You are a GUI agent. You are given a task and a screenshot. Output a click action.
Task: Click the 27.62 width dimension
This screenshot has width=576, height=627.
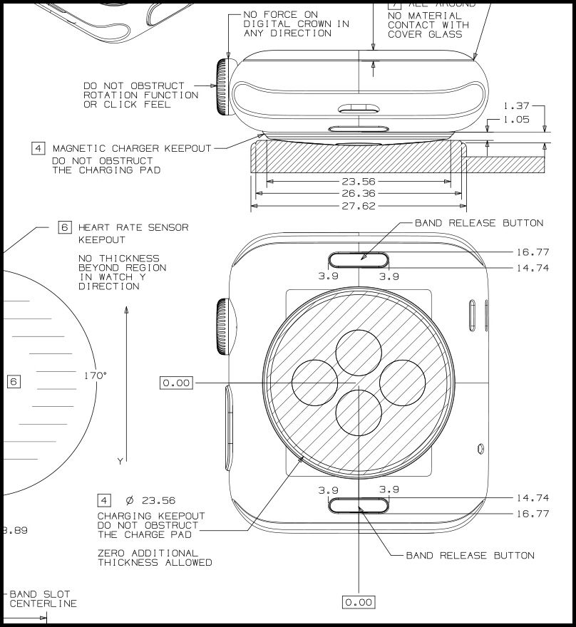click(x=358, y=205)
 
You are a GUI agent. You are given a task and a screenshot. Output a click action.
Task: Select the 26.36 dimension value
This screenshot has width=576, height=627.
click(x=358, y=193)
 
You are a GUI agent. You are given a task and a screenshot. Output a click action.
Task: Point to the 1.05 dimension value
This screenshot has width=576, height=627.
click(x=516, y=120)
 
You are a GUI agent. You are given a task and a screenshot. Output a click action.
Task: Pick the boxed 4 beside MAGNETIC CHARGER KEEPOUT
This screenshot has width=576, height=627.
click(x=38, y=148)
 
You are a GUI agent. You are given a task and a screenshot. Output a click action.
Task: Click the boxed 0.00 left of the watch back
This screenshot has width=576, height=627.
click(x=176, y=383)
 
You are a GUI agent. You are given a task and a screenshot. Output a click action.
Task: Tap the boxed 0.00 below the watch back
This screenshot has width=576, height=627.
click(x=359, y=602)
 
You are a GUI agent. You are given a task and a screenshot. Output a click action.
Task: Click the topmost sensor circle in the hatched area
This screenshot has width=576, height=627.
click(x=359, y=352)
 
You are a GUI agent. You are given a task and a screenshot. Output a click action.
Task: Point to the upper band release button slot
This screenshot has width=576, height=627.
click(x=359, y=259)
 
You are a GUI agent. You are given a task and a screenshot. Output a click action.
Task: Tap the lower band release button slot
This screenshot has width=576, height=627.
click(x=359, y=505)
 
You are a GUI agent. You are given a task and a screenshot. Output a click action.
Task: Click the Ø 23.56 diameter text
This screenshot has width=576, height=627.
click(x=150, y=501)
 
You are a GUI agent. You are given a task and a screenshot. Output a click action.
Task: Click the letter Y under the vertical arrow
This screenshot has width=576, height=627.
click(x=120, y=462)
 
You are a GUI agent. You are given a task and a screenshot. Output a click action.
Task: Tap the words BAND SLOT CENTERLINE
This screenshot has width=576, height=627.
click(x=43, y=598)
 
